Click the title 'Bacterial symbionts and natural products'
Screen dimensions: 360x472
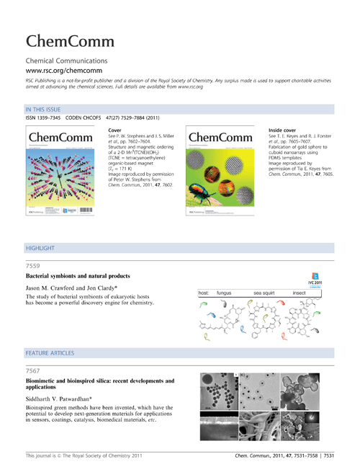click(x=81, y=296)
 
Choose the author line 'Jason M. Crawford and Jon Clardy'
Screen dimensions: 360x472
click(x=68, y=308)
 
